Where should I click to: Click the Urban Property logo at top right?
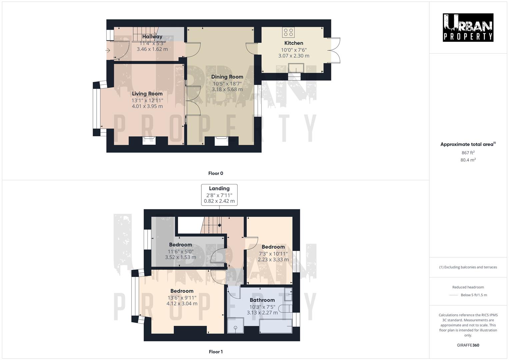click(468, 27)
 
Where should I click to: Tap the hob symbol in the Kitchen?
click(289, 32)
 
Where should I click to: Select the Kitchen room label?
click(294, 43)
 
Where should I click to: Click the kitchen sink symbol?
click(296, 68)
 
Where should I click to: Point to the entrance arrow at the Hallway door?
click(108, 50)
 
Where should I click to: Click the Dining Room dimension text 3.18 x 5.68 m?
click(227, 89)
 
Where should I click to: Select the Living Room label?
click(147, 94)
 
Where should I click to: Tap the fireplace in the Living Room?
click(149, 141)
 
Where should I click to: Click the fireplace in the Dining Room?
click(221, 141)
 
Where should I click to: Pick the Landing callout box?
click(219, 195)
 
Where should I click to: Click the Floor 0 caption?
click(216, 173)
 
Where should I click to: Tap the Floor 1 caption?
click(216, 352)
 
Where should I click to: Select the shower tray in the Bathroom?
click(235, 325)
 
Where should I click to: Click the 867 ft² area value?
click(468, 153)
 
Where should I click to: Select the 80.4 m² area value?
click(468, 160)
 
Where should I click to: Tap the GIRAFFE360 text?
click(468, 345)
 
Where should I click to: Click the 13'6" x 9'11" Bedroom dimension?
click(182, 298)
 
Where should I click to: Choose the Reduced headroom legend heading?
click(468, 287)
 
